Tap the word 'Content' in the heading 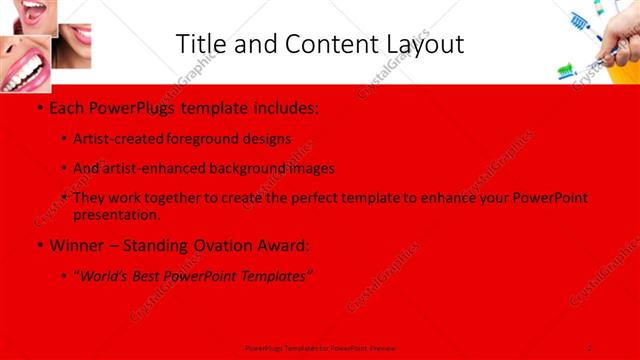[x=321, y=44]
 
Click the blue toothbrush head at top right [x=578, y=19]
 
